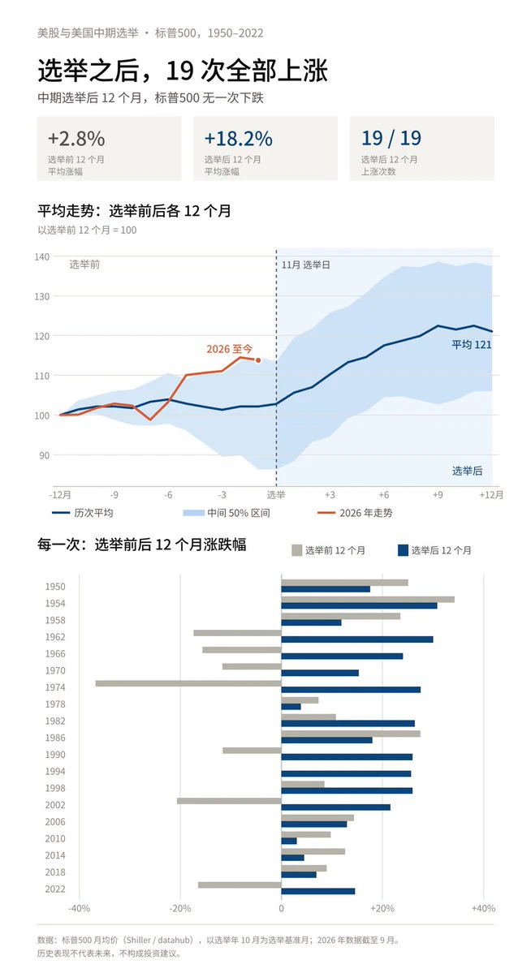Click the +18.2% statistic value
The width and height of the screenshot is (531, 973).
click(x=239, y=138)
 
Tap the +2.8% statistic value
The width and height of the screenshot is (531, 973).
click(x=76, y=138)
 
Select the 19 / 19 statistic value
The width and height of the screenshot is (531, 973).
click(x=391, y=138)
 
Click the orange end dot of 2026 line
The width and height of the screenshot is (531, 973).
click(x=258, y=360)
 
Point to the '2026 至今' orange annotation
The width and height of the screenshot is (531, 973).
click(x=230, y=350)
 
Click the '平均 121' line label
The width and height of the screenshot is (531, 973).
click(x=472, y=344)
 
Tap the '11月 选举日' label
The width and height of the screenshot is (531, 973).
click(x=305, y=265)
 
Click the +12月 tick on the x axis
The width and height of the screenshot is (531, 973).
click(x=490, y=495)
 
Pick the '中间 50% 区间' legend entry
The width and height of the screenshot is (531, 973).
click(x=227, y=513)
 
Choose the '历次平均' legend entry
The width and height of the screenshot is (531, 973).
click(x=83, y=513)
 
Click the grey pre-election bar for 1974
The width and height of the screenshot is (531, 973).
click(x=188, y=683)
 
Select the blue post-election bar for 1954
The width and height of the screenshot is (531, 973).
click(x=359, y=605)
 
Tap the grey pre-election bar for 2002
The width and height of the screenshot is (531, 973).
click(x=229, y=800)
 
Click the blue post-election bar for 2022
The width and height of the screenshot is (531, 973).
click(x=318, y=891)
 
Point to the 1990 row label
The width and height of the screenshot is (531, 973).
click(x=54, y=755)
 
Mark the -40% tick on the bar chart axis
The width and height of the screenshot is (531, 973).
click(x=79, y=908)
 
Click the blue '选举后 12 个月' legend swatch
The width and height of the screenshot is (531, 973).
click(x=403, y=549)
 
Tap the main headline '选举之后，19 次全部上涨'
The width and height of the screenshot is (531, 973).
click(x=183, y=71)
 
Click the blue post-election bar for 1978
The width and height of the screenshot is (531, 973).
click(x=291, y=706)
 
